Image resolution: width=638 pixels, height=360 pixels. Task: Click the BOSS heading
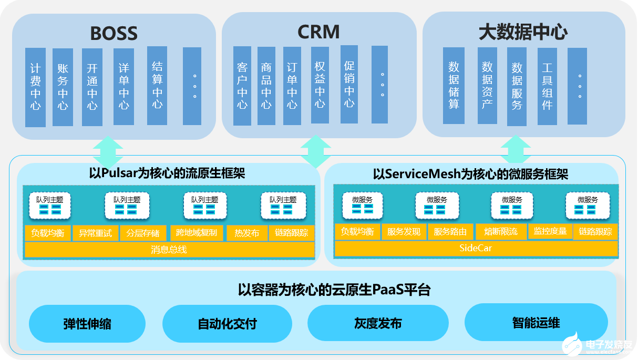click(114, 33)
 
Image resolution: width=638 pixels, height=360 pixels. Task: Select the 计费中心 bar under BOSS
click(36, 87)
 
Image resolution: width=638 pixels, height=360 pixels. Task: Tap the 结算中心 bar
click(157, 85)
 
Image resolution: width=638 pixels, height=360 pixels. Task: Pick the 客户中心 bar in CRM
click(242, 86)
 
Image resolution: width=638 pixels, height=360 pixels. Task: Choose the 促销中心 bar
click(349, 84)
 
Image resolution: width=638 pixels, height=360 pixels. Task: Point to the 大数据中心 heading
click(523, 32)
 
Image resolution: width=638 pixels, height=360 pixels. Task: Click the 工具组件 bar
click(547, 86)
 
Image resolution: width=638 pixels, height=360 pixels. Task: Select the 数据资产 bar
click(487, 86)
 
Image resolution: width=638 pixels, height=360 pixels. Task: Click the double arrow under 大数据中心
click(516, 150)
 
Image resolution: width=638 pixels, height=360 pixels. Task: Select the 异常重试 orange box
click(95, 233)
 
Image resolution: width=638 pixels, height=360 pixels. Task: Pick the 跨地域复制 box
click(197, 233)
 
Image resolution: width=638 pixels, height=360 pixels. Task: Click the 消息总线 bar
click(169, 250)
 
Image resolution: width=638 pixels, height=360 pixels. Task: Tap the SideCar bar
click(475, 248)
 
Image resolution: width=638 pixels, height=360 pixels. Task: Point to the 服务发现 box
click(404, 232)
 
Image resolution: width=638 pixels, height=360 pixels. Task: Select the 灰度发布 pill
click(378, 323)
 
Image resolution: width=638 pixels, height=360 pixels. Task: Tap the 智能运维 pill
click(536, 323)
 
